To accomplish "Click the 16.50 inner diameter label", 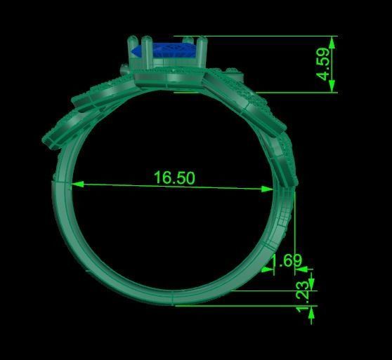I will point(174,178).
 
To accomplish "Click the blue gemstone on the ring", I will point(165,51).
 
